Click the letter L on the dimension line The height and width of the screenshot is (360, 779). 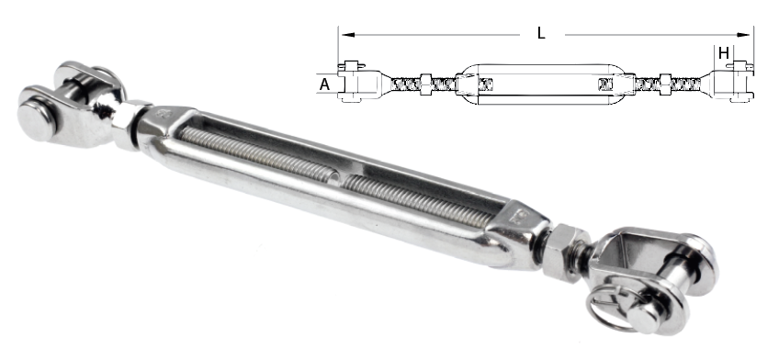(541, 33)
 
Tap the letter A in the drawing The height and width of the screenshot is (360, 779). (324, 84)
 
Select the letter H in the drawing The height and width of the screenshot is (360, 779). (724, 53)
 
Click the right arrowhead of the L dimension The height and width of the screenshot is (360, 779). (744, 35)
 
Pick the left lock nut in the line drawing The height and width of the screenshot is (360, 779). (425, 84)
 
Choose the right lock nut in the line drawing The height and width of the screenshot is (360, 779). (665, 84)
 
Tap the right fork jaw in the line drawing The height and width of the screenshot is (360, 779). (729, 83)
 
